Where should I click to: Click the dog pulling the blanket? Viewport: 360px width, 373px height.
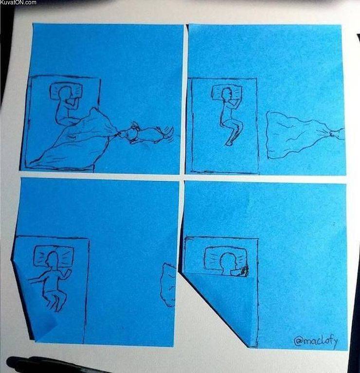pos(146,133)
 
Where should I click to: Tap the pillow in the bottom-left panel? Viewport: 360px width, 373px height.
pos(54,256)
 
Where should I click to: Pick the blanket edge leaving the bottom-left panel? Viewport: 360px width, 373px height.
pos(168,284)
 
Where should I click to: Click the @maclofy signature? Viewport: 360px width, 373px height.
pos(316,340)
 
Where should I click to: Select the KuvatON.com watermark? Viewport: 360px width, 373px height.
pos(18,3)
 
